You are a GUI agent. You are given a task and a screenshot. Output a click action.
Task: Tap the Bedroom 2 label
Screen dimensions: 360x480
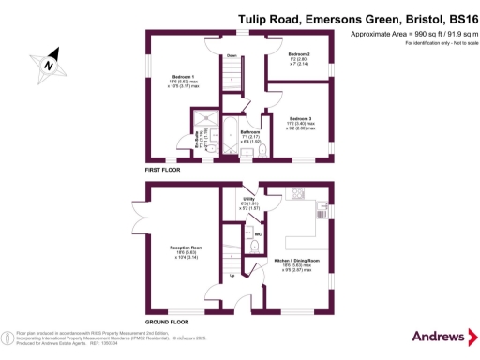(300, 56)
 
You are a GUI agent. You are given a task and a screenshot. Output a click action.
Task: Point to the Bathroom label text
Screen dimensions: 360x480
(249, 132)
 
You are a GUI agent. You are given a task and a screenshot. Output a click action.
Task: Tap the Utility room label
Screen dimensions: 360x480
(247, 200)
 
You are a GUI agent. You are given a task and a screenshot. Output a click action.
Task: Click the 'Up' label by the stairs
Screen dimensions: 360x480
(232, 276)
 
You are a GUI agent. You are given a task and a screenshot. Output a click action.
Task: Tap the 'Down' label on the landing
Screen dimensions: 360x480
(232, 55)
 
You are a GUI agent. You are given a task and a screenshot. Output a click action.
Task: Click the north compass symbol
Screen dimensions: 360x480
(47, 64)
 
